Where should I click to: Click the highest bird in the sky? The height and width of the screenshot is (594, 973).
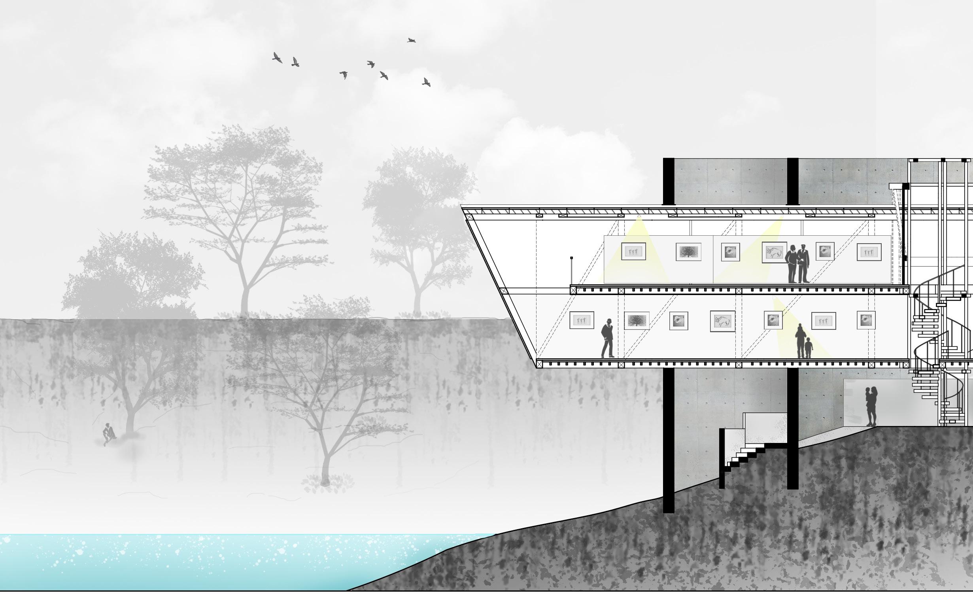[412, 40]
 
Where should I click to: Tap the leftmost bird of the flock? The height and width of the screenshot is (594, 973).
[278, 58]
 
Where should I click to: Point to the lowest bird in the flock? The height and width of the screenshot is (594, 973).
[426, 82]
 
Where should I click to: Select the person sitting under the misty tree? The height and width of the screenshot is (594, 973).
[108, 434]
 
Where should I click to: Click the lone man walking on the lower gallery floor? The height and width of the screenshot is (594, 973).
[608, 339]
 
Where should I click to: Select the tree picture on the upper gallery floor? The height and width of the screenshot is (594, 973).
[688, 252]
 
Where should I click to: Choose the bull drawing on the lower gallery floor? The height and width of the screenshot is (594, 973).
[722, 321]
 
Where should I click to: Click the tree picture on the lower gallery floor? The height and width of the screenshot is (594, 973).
[637, 320]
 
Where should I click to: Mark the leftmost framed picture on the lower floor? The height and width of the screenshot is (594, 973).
[582, 320]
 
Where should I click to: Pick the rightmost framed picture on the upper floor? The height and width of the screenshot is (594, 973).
[869, 252]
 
